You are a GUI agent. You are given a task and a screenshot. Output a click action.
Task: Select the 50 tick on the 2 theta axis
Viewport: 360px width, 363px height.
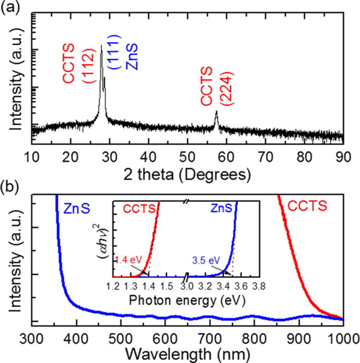pos(187,155)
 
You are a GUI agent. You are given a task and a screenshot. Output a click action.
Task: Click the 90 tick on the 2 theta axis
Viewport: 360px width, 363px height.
pos(343,155)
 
